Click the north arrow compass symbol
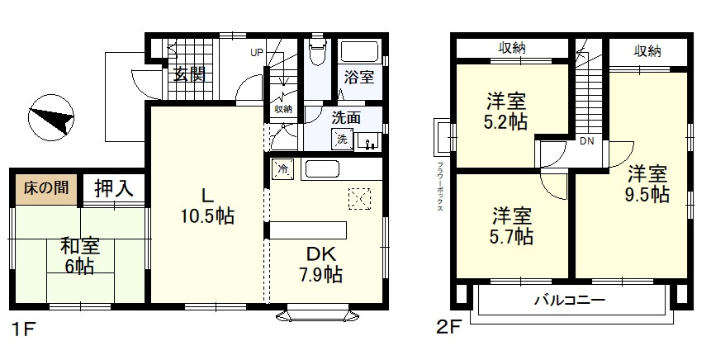tap(51, 118)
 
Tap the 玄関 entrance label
tap(190, 74)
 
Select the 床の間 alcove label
tap(46, 187)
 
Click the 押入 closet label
tap(114, 188)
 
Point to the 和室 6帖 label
tap(80, 256)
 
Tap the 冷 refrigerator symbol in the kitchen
tap(282, 169)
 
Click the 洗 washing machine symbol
tap(342, 139)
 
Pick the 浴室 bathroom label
tap(358, 77)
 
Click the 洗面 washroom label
tap(346, 118)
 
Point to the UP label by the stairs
tap(257, 52)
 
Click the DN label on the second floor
tap(587, 141)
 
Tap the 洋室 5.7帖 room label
tap(512, 227)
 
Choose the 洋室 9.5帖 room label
tap(647, 183)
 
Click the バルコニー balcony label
tap(570, 301)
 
